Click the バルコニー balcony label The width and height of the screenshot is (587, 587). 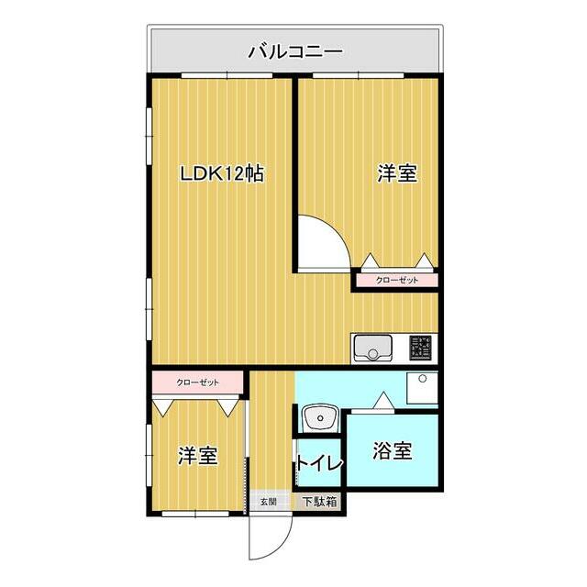(294, 50)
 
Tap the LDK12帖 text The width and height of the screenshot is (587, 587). (221, 173)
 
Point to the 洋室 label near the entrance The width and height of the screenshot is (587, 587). (197, 455)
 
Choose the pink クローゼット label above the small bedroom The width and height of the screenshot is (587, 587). (197, 381)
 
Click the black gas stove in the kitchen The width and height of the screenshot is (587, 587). (421, 347)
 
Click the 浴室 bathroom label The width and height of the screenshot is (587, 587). (392, 451)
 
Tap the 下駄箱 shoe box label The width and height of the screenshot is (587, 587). (320, 502)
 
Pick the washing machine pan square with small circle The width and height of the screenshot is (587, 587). (423, 389)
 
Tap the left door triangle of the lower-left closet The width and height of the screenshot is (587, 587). (164, 404)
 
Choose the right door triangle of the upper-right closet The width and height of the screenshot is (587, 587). (423, 260)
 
